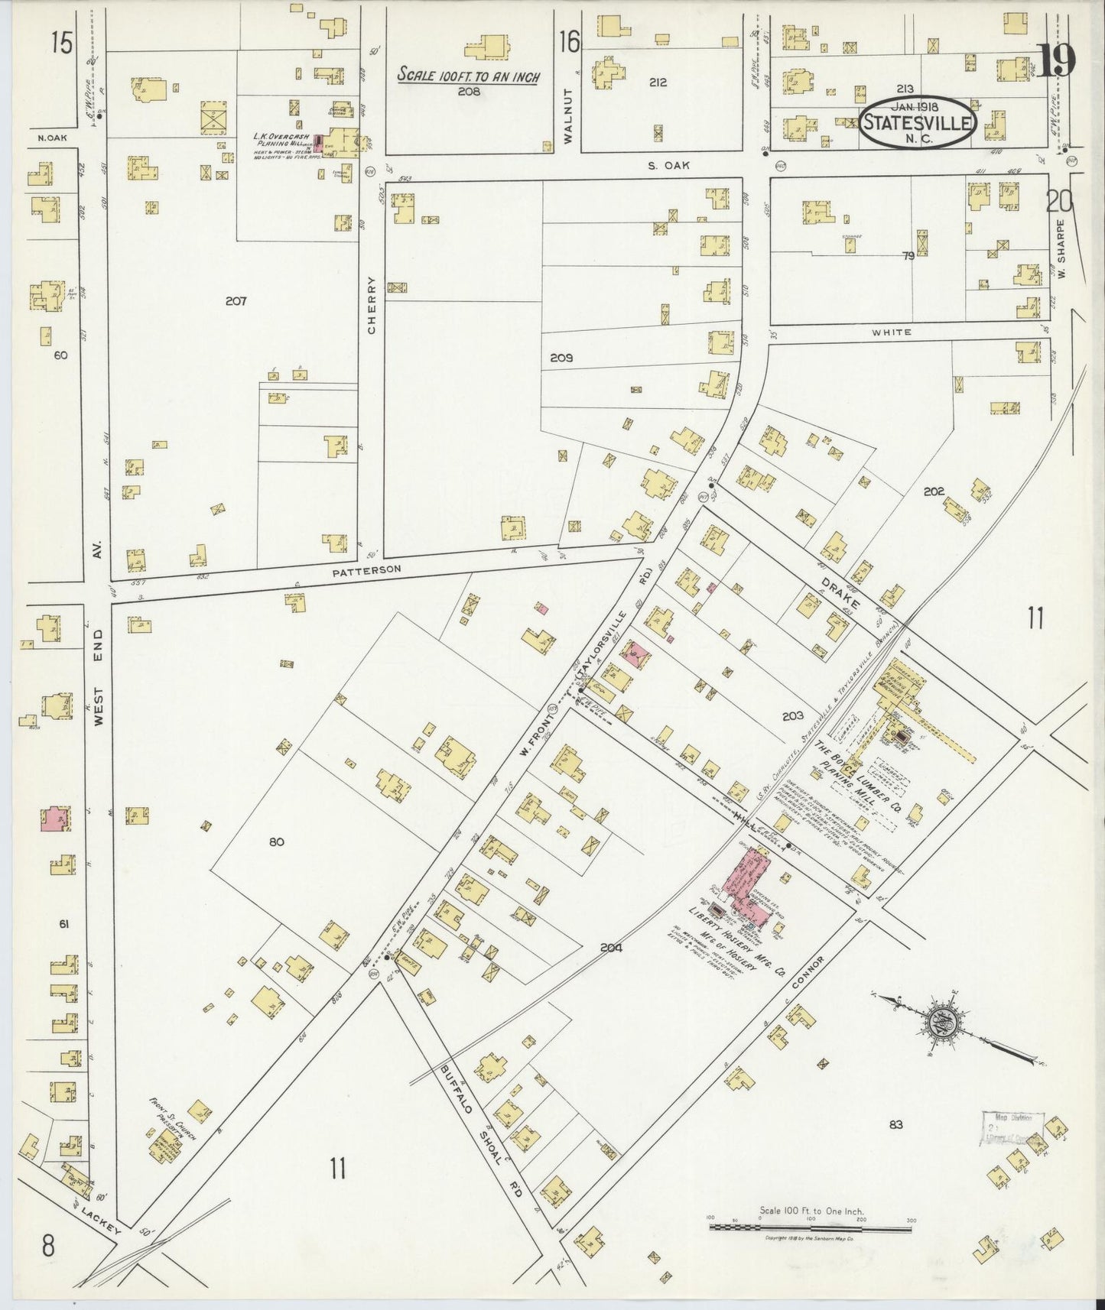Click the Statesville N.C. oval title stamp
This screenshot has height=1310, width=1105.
917,122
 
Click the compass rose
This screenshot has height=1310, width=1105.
938,1022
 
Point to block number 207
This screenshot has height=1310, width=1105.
236,301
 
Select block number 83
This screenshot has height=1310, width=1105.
896,1124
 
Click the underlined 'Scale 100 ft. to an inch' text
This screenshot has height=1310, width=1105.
468,76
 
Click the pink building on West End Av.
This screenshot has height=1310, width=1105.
54,819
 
